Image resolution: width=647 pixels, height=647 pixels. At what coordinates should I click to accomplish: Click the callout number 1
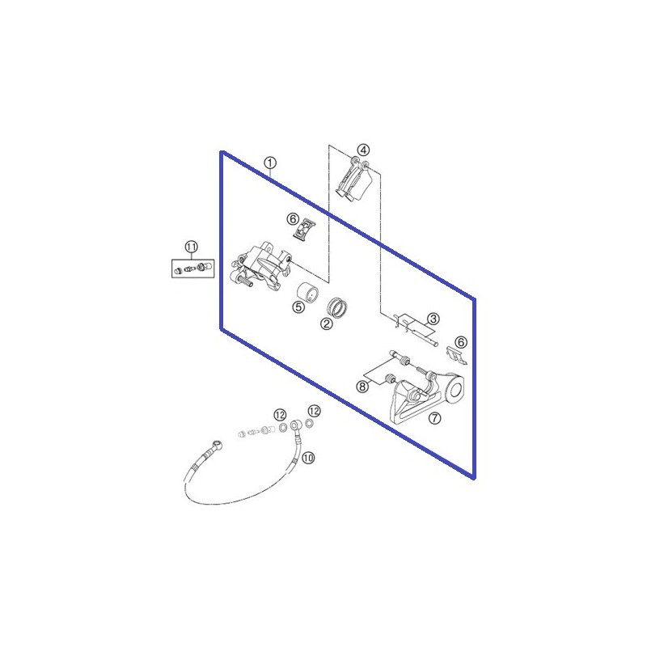point(270,163)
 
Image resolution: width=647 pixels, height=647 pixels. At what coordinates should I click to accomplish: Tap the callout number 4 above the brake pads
point(363,150)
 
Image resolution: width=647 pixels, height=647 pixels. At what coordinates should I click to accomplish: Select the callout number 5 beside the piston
point(298,307)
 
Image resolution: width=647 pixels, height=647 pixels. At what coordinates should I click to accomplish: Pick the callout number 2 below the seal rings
point(327,324)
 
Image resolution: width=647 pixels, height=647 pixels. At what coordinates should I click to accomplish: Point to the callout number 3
point(433,319)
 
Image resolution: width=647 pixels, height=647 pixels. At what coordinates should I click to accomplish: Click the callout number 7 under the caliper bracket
point(434,418)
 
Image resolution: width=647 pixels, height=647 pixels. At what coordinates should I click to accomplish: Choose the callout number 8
point(362,387)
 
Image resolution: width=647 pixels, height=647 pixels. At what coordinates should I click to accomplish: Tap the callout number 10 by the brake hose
point(308,458)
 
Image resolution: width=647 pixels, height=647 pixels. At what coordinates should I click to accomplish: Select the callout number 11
point(191,247)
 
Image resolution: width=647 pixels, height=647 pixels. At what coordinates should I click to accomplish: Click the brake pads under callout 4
point(354,181)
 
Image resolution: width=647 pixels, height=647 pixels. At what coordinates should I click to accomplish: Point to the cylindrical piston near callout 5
point(308,293)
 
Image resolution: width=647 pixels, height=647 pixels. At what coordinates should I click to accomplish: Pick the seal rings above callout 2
point(336,307)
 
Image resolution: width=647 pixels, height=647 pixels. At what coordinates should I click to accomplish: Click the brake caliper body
point(260,269)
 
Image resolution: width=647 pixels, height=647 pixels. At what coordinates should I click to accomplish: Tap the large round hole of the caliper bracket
point(455,390)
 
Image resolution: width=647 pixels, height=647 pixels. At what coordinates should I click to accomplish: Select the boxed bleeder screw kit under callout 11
point(192,269)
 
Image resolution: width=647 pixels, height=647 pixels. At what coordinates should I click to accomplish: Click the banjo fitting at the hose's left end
point(217,446)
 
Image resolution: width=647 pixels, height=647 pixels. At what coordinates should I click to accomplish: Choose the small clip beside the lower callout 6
point(457,356)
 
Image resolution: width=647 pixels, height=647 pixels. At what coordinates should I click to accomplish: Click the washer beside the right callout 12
point(309,423)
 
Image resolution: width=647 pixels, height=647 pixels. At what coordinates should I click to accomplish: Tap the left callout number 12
point(280,414)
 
